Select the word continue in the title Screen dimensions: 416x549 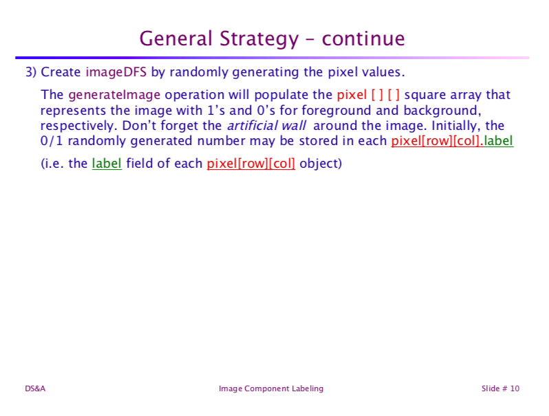tap(363, 39)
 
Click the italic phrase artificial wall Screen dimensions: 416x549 tap(266, 126)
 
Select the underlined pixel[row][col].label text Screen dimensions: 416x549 tap(452, 142)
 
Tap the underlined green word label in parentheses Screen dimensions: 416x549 tap(107, 164)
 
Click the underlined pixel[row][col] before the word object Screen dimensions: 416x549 tap(250, 164)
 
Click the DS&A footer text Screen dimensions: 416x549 tap(35, 389)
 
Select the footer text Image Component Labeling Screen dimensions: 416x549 tap(271, 389)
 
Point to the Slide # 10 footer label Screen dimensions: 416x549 tap(500, 389)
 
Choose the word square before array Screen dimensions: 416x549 tap(431, 95)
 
